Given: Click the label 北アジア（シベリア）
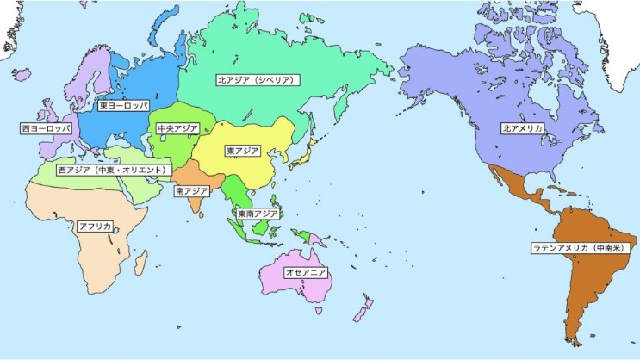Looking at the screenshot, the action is tap(256, 80).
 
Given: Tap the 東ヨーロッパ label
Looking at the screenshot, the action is tap(123, 106).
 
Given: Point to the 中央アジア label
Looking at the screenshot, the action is tap(177, 128).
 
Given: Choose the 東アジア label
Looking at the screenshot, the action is tap(242, 151).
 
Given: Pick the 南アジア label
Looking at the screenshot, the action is tap(190, 190).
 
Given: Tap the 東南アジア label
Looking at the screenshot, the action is tap(258, 213).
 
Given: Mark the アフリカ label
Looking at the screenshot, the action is tap(95, 227).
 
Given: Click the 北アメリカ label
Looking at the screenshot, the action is tap(522, 128).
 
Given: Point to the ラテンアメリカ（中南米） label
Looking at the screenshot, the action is tap(584, 248).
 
